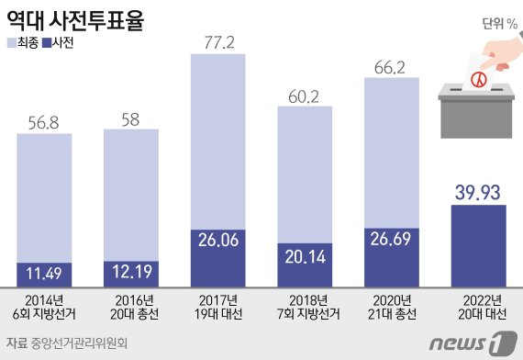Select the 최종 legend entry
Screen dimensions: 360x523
pyautogui.click(x=25, y=43)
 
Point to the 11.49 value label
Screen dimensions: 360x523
pyautogui.click(x=44, y=275)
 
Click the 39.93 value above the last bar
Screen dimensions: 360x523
pyautogui.click(x=479, y=191)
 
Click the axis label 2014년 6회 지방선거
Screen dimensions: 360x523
pyautogui.click(x=44, y=306)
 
